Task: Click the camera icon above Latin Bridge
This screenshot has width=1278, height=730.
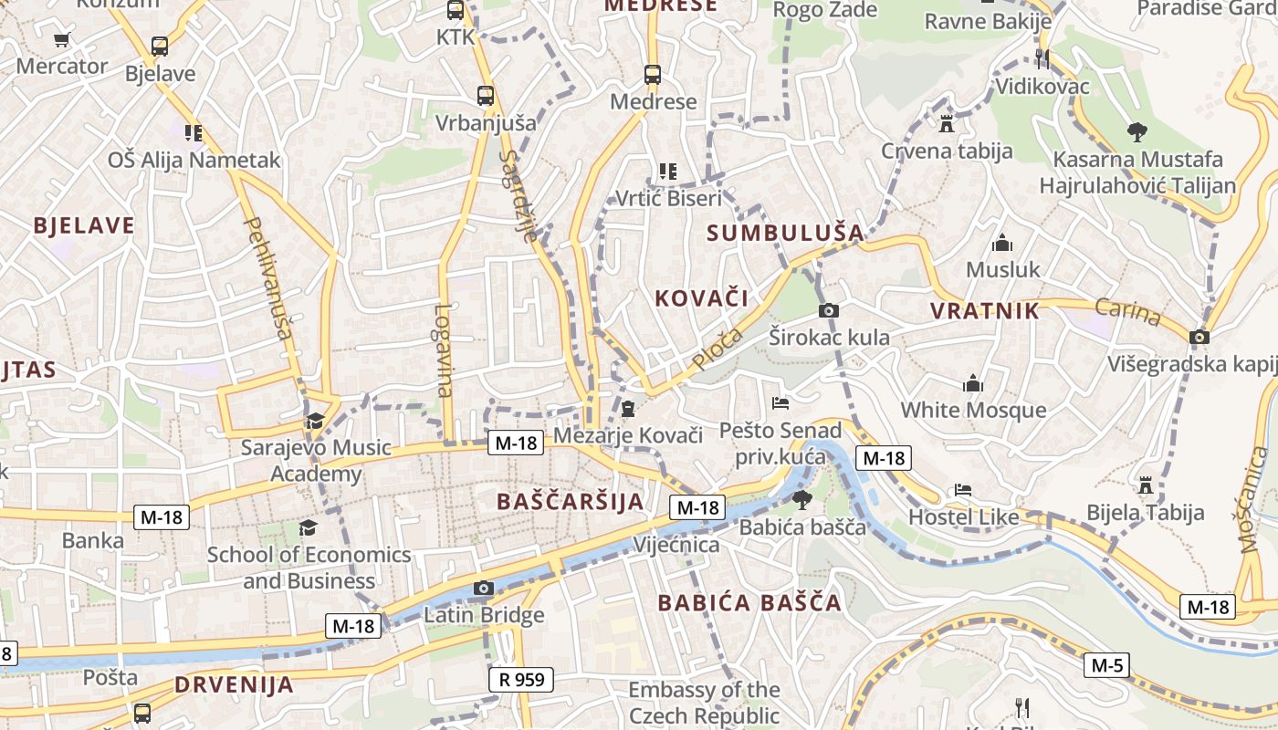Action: (484, 589)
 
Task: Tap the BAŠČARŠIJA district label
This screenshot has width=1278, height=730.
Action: (571, 501)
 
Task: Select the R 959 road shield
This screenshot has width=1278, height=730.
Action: (521, 679)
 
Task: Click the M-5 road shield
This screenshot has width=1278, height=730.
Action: (1106, 665)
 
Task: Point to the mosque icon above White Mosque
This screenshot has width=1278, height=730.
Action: (973, 383)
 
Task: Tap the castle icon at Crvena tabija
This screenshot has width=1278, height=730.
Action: (947, 124)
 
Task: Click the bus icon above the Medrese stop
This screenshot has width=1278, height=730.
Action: (652, 75)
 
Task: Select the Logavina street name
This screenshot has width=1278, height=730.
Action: (444, 350)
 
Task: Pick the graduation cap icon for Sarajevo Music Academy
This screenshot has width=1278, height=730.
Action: (315, 421)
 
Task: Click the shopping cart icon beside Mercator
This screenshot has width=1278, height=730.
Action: (61, 40)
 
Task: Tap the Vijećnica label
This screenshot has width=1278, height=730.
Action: (676, 545)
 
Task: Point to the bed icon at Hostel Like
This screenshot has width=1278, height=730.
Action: (962, 490)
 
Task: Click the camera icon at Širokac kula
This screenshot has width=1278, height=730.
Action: (828, 311)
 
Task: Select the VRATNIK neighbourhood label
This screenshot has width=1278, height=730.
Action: (984, 311)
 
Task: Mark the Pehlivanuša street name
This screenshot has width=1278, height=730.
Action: (268, 277)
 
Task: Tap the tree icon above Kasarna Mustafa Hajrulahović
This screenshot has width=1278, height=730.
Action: (1137, 132)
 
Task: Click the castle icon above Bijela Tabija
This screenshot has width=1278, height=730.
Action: (1145, 485)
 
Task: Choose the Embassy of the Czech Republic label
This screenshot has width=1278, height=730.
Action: (704, 703)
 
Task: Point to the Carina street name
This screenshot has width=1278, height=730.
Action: (1127, 312)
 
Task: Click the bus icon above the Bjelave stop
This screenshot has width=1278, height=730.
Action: (160, 47)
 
